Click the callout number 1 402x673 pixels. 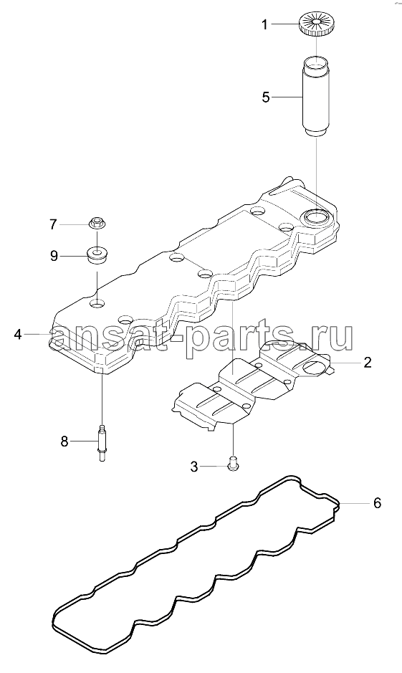[265, 25]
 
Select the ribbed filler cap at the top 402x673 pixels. [316, 24]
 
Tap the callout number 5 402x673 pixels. [266, 97]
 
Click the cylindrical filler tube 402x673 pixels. [317, 98]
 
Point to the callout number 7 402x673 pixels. [53, 224]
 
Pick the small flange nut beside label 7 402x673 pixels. [97, 223]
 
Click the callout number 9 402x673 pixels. [54, 257]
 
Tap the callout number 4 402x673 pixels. [18, 334]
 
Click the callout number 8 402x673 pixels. [64, 441]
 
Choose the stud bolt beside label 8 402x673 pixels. [102, 443]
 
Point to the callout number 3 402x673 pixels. [194, 467]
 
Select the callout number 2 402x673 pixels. [368, 363]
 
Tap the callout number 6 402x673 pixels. [377, 502]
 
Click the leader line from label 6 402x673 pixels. [353, 503]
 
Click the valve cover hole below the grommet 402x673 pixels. [97, 303]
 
